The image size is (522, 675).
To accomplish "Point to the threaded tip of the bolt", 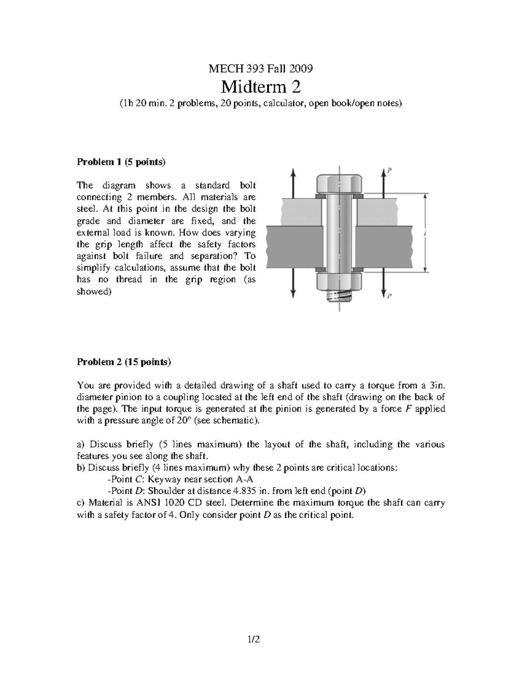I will point(339,296).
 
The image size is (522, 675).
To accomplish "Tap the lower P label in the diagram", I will point(390,296).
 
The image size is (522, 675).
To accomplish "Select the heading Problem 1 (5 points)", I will point(121,162).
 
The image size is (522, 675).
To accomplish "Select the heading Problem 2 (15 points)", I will point(124,362).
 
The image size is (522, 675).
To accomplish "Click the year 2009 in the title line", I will point(302,68).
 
